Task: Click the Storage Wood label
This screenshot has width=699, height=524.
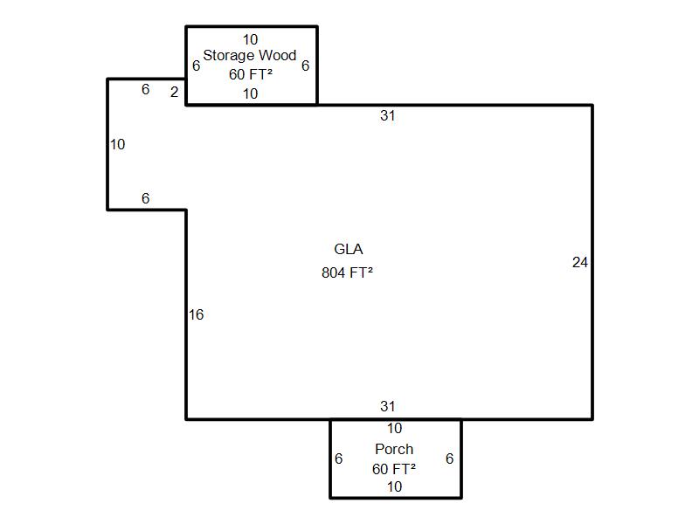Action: coord(250,56)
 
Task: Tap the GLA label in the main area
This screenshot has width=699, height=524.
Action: coord(348,250)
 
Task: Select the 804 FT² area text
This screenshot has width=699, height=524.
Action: coord(347,272)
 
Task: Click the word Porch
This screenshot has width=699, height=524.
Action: coord(394,449)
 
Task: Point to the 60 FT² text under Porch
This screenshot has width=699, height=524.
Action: coord(393,469)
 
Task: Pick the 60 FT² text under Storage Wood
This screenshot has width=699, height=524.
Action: coord(251,75)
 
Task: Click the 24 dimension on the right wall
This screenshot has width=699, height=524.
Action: coord(580,262)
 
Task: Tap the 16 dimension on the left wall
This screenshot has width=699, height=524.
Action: coord(197,314)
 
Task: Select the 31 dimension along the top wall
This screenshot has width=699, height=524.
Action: coord(388,115)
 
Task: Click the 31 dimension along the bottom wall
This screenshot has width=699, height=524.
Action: coord(388,406)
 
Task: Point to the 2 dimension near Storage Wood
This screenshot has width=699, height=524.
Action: coord(175,92)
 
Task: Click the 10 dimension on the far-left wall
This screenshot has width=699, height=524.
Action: coord(118,144)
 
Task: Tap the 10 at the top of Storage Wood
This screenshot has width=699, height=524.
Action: coord(251,39)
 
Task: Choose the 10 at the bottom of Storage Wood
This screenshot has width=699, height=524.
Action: coord(251,93)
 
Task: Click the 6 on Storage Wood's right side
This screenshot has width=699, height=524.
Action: coord(305,65)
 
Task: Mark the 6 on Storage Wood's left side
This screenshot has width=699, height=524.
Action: coord(196,65)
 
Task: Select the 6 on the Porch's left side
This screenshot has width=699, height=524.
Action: coord(338,458)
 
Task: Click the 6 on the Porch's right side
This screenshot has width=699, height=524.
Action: coord(449,458)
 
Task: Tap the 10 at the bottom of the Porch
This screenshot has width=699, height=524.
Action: coord(394,486)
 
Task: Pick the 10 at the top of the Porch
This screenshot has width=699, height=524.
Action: coord(394,428)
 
